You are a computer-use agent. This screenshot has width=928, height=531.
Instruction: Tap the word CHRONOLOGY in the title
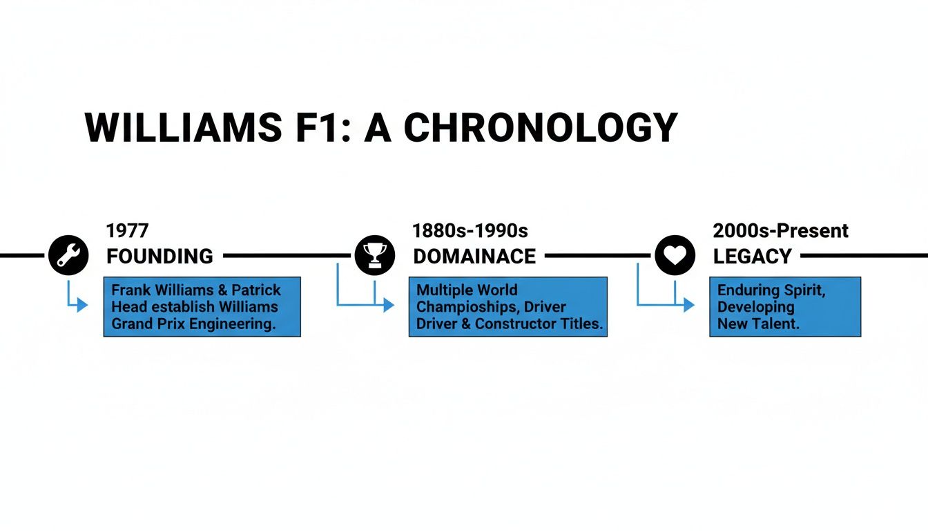click(540, 128)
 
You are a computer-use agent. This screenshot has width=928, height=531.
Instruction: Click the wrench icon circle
click(68, 255)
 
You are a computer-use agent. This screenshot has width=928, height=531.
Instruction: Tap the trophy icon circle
click(374, 255)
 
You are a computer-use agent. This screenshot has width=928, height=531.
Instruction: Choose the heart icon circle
click(674, 255)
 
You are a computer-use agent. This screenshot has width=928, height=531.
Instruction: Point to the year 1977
click(127, 230)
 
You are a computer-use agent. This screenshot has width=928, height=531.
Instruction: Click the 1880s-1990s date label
click(470, 230)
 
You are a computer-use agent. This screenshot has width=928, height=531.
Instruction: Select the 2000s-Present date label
click(780, 230)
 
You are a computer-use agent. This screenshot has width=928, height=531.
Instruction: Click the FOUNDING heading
click(159, 257)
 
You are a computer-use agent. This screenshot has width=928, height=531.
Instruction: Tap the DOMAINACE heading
click(474, 257)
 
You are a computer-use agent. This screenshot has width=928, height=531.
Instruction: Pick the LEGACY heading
click(752, 257)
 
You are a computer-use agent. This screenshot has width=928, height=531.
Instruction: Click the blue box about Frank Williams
click(202, 306)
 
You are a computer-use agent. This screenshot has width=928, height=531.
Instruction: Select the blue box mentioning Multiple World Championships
click(507, 306)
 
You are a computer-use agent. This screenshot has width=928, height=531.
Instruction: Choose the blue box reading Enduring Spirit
click(785, 306)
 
